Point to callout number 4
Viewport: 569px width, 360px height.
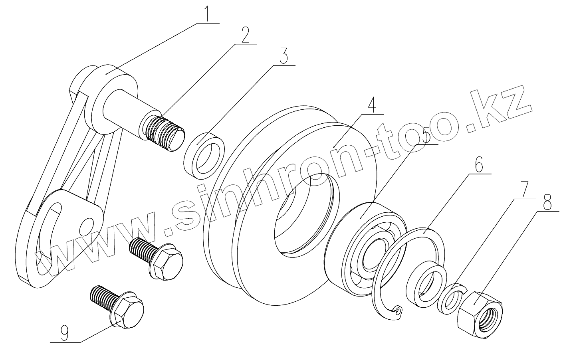(x=371, y=105)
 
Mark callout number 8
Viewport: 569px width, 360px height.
(x=547, y=204)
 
